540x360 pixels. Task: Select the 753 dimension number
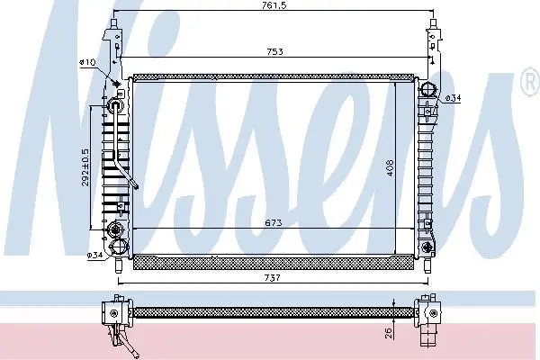[274, 51]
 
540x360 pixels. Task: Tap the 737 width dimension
[273, 277]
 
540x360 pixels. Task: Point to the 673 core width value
[274, 223]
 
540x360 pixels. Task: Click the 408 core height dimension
[390, 167]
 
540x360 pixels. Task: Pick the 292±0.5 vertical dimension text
[85, 167]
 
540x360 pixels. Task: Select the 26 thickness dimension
[389, 333]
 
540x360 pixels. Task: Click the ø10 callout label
[87, 62]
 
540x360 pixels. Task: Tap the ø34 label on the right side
[453, 98]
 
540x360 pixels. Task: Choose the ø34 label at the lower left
[94, 256]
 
